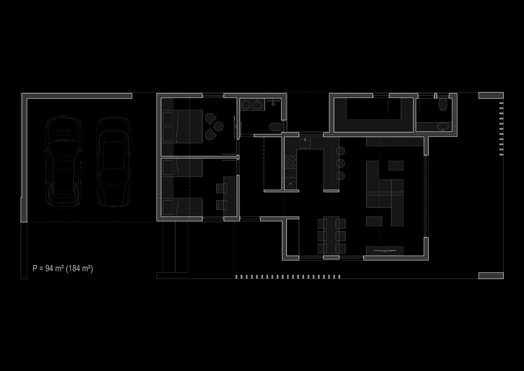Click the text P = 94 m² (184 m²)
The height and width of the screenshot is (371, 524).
click(63, 268)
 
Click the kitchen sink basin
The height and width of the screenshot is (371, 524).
click(305, 144)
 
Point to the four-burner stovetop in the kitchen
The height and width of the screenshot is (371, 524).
click(290, 162)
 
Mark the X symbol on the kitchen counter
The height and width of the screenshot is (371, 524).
click(290, 184)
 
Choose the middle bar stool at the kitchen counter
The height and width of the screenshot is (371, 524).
click(341, 163)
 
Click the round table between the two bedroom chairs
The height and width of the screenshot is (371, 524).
click(219, 126)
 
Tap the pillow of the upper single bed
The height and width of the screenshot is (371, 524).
click(168, 168)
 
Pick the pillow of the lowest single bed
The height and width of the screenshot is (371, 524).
click(168, 207)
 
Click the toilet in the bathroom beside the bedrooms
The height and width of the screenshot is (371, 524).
click(275, 127)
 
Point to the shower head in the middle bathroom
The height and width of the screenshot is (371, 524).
click(273, 104)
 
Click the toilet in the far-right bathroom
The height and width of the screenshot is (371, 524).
click(443, 105)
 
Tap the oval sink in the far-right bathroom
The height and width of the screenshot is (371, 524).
click(443, 126)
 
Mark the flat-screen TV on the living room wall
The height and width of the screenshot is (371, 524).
click(385, 251)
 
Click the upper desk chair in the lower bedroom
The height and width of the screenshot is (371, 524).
click(222, 188)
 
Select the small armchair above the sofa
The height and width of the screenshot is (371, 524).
click(396, 166)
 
